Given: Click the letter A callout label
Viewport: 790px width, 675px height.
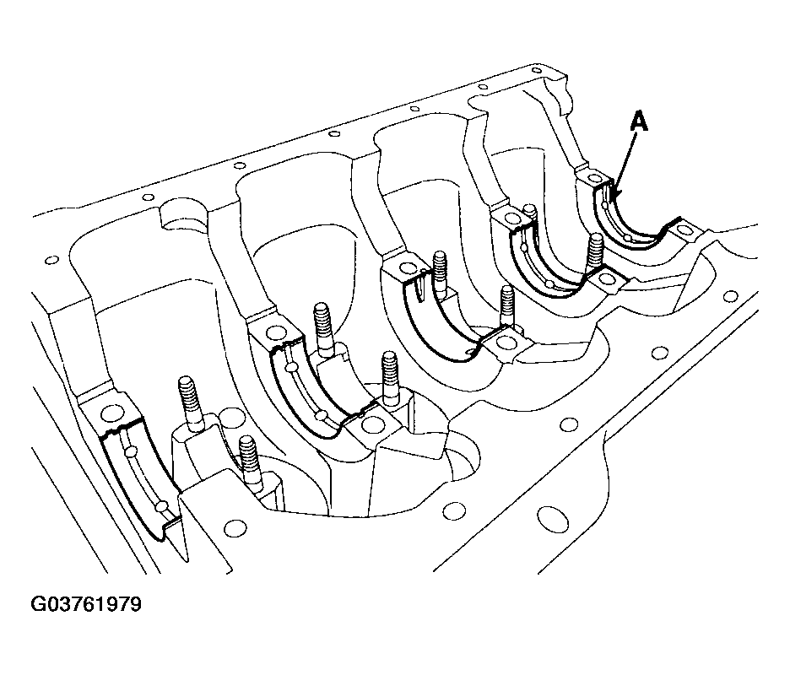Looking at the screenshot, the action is click(x=639, y=121).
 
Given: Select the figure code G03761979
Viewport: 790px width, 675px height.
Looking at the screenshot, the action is click(x=86, y=604).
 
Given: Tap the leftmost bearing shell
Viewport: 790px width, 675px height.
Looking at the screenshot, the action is click(x=138, y=478).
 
